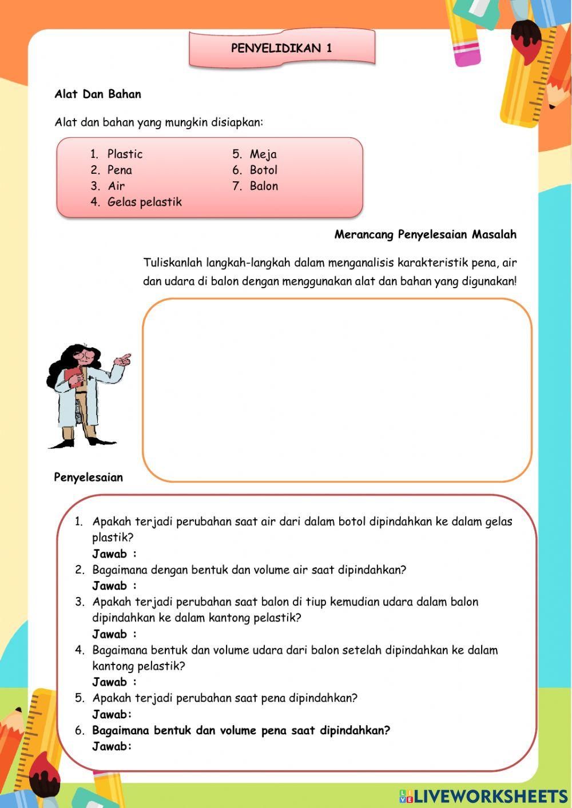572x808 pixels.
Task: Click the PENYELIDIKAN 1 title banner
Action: (281, 49)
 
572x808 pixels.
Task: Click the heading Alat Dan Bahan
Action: (98, 94)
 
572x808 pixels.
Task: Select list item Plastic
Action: (125, 154)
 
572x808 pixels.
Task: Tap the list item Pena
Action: (120, 170)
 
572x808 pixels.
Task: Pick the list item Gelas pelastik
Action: (144, 202)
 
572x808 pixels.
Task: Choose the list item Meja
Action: (263, 154)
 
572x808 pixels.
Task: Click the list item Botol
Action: (263, 170)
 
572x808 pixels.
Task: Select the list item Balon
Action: (264, 186)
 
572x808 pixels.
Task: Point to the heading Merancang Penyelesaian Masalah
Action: (425, 234)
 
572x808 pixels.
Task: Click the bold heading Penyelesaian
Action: (89, 477)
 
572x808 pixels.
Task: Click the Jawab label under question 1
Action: (114, 554)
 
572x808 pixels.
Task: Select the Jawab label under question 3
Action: (114, 634)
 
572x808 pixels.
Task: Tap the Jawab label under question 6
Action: (112, 746)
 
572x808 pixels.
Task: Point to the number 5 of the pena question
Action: (80, 698)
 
